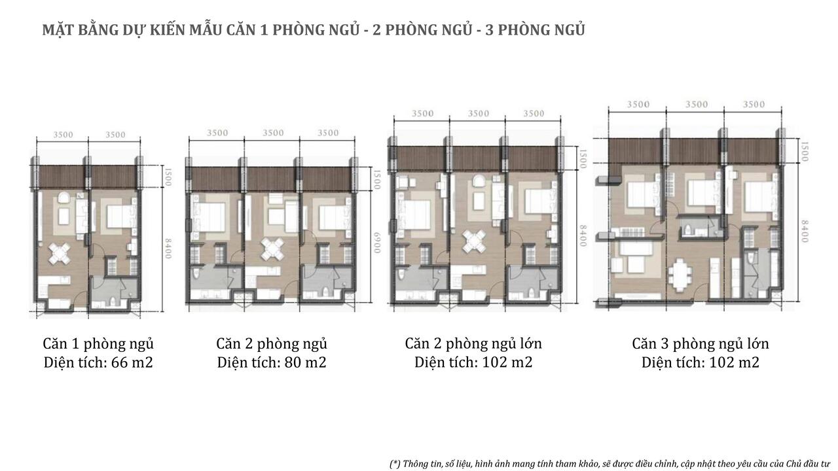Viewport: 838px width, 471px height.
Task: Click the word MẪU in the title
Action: (x=205, y=30)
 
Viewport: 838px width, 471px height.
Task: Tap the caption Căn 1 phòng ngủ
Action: (x=98, y=343)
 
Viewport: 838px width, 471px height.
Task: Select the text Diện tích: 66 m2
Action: (x=98, y=362)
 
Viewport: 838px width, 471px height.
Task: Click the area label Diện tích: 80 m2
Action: (x=272, y=362)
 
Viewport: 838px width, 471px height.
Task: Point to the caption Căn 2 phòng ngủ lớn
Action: (x=473, y=343)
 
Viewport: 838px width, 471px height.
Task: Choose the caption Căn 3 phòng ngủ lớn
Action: (x=701, y=343)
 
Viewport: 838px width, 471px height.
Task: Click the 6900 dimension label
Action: (x=376, y=243)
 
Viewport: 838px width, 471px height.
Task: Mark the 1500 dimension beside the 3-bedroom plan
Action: (x=805, y=151)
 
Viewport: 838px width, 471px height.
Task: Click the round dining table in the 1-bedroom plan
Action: (x=60, y=253)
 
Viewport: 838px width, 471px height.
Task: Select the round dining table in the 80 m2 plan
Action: (x=272, y=249)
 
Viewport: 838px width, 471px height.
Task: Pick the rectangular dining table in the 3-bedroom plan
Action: (x=680, y=275)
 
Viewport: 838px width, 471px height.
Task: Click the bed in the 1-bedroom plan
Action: (x=120, y=217)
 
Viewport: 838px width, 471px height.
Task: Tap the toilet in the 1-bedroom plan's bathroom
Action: (x=113, y=301)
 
